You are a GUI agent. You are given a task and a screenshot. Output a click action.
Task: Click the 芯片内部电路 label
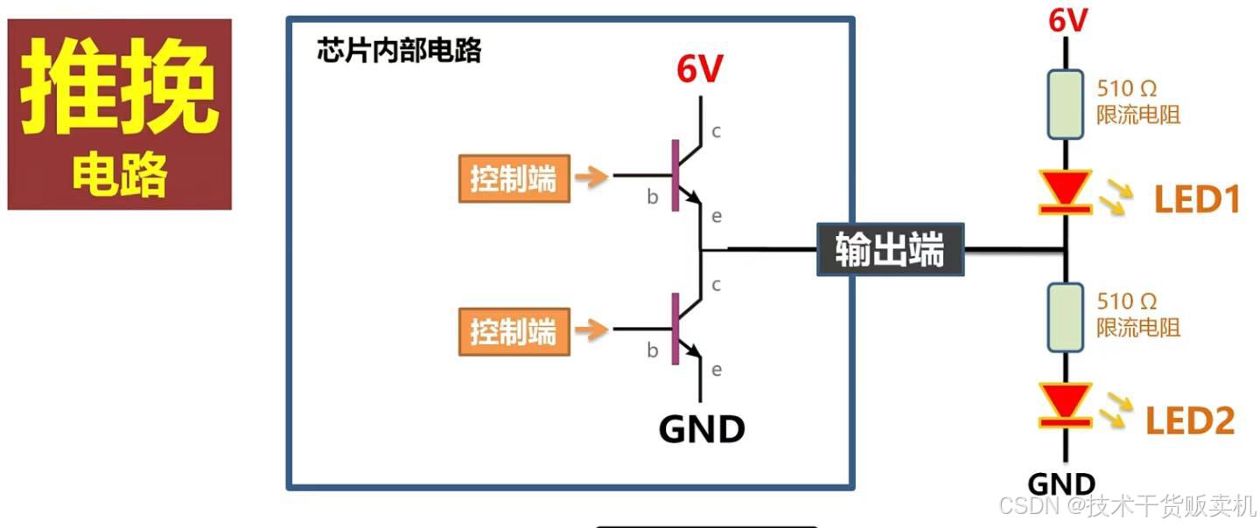pyautogui.click(x=399, y=51)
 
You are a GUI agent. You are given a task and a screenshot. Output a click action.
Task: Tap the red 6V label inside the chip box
pyautogui.click(x=700, y=70)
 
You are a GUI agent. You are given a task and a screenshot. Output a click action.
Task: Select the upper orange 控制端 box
pyautogui.click(x=514, y=179)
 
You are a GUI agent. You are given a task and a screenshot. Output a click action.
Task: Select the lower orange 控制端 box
pyautogui.click(x=514, y=332)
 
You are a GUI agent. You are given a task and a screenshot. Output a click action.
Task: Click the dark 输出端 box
pyautogui.click(x=890, y=250)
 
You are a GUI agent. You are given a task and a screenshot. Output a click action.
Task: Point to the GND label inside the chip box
pyautogui.click(x=702, y=429)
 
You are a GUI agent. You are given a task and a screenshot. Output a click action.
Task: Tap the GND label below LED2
pyautogui.click(x=1060, y=483)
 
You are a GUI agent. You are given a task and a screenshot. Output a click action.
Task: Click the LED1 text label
pyautogui.click(x=1197, y=201)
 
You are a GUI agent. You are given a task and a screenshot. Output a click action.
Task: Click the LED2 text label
pyautogui.click(x=1190, y=421)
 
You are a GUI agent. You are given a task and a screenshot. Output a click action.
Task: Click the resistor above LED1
pyautogui.click(x=1065, y=105)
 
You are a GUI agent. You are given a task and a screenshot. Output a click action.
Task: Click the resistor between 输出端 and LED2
pyautogui.click(x=1065, y=316)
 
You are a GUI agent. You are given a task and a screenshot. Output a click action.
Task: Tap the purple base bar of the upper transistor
pyautogui.click(x=675, y=175)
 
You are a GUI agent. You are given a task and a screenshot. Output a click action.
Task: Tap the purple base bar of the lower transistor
pyautogui.click(x=675, y=329)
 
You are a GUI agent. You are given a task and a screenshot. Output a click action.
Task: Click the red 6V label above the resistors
pyautogui.click(x=1068, y=19)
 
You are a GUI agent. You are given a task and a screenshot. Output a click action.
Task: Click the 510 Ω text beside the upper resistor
pyautogui.click(x=1127, y=88)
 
